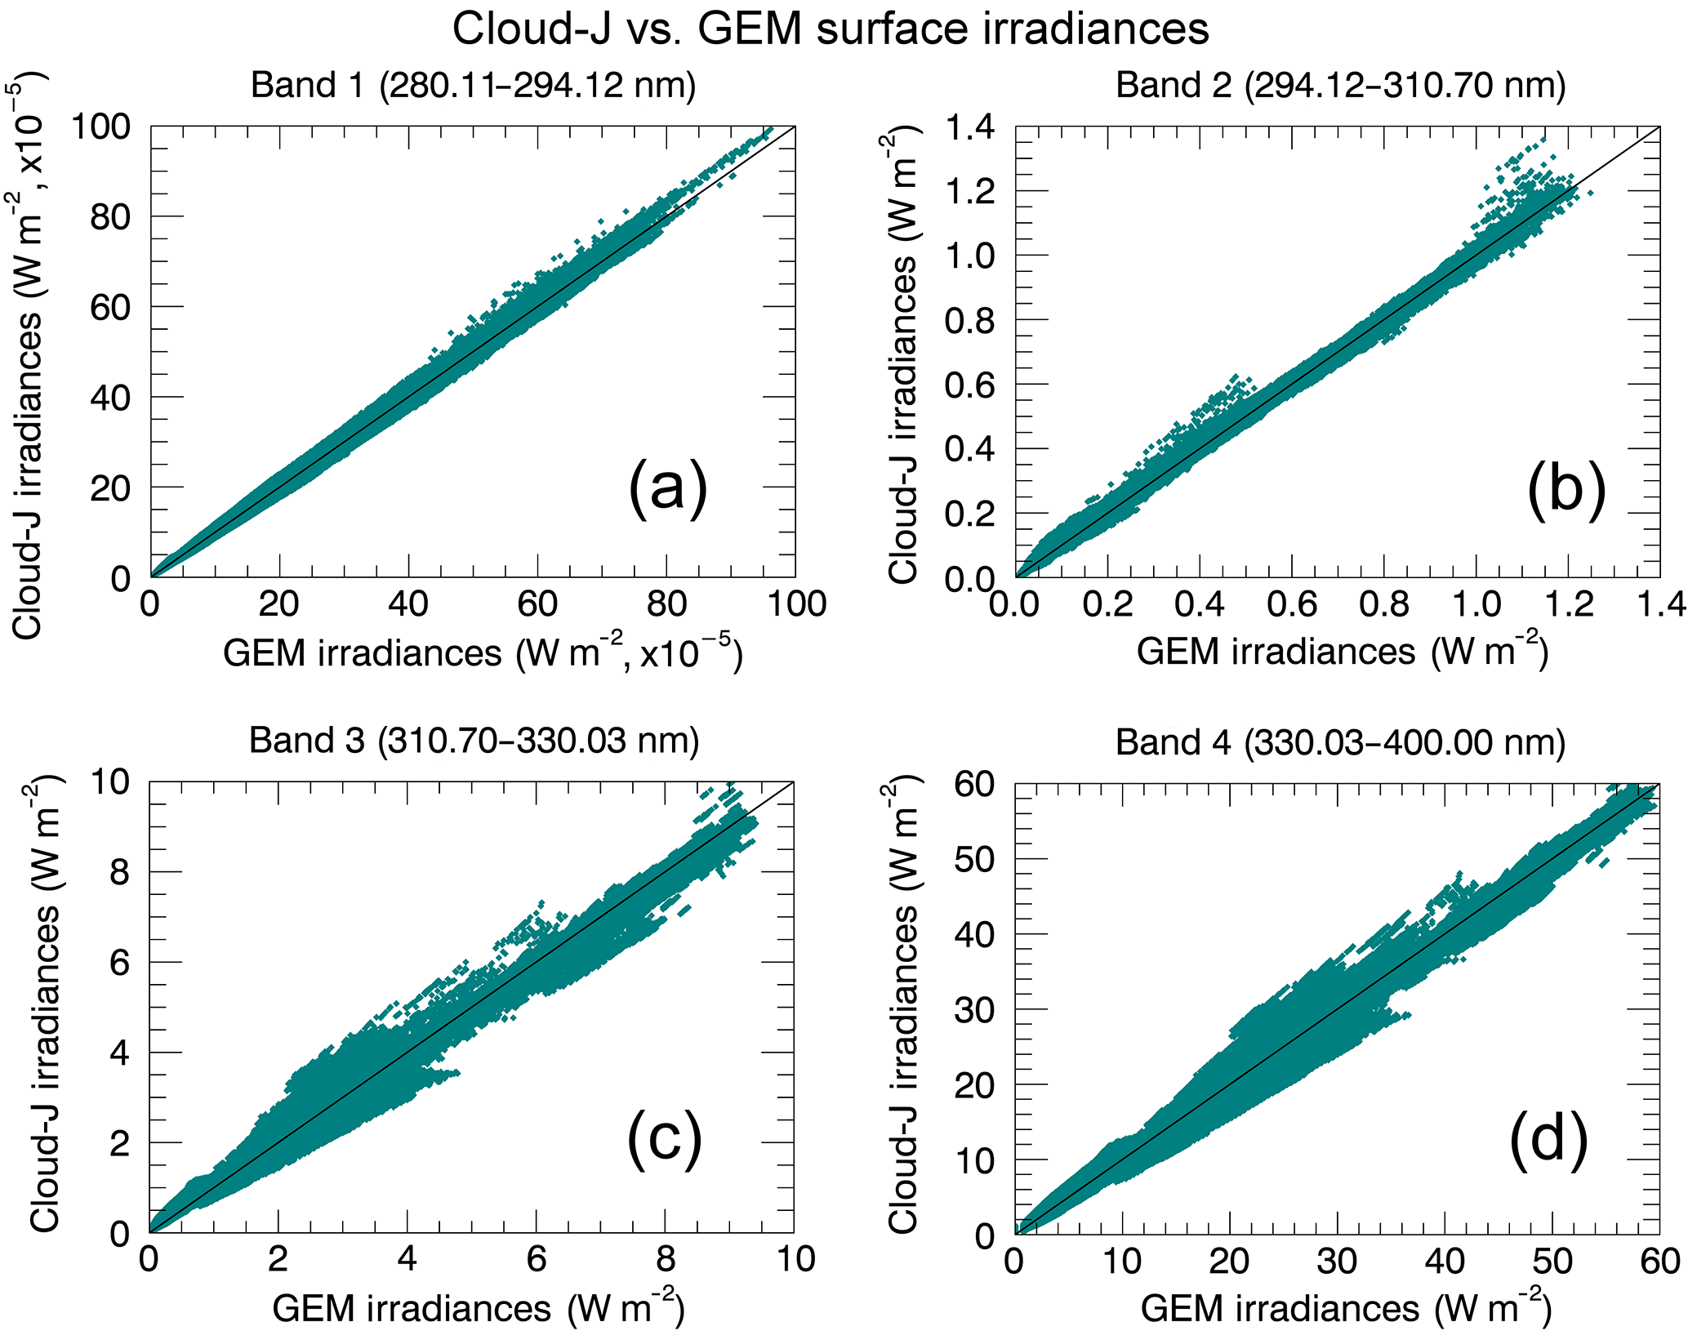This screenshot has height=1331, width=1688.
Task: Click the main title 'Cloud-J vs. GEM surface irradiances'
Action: [830, 29]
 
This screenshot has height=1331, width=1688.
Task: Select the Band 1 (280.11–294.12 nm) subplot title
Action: [473, 86]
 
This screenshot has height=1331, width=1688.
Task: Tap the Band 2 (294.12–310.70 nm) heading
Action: [1340, 86]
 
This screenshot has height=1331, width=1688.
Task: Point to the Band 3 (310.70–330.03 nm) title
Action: [474, 741]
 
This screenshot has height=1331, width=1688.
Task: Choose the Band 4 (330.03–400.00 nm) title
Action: [1340, 742]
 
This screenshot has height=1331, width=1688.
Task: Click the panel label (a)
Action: [667, 489]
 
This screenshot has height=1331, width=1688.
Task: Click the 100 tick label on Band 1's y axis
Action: [100, 127]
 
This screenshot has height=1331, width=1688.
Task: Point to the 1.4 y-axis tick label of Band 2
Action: [970, 127]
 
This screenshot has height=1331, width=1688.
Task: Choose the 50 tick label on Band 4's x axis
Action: [1552, 1261]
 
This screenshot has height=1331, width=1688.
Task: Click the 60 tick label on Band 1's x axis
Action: [537, 605]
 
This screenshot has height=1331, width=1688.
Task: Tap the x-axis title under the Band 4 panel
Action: [1345, 1309]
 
